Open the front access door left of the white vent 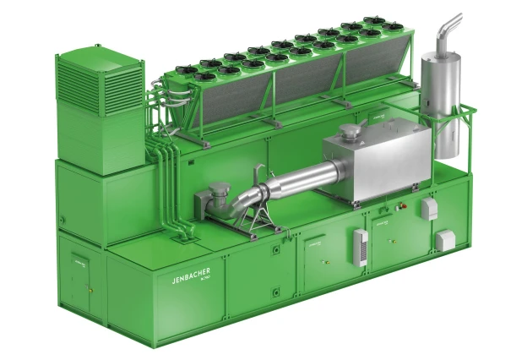click(x=324, y=254)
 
